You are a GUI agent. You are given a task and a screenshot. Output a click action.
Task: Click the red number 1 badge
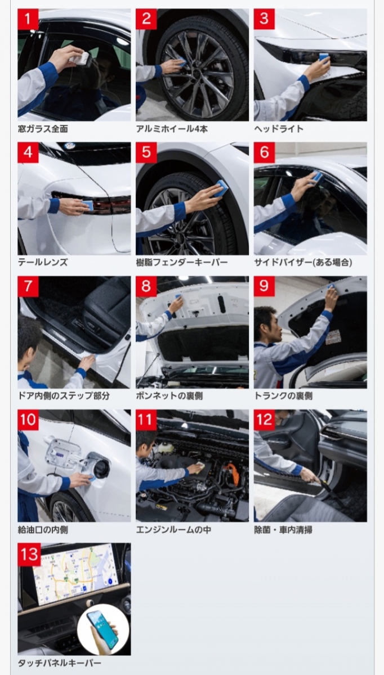pyautogui.click(x=28, y=19)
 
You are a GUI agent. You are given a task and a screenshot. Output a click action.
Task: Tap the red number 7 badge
pyautogui.click(x=28, y=286)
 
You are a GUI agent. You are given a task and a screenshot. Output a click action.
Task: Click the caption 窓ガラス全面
pyautogui.click(x=43, y=129)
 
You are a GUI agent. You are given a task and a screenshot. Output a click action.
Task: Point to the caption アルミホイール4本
pyautogui.click(x=172, y=129)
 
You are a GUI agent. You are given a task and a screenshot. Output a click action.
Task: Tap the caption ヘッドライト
pyautogui.click(x=279, y=129)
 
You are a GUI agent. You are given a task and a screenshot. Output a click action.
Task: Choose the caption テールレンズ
pyautogui.click(x=43, y=262)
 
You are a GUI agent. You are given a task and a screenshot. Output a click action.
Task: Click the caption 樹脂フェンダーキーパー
pyautogui.click(x=182, y=262)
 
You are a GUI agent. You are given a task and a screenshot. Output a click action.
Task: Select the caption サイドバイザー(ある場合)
pyautogui.click(x=303, y=262)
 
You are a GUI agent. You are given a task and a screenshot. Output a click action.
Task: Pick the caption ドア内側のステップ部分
pyautogui.click(x=64, y=395)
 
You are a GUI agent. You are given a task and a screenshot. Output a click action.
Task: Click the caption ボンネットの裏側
pyautogui.click(x=169, y=395)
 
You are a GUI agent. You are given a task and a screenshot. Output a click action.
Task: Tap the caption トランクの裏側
pyautogui.click(x=283, y=395)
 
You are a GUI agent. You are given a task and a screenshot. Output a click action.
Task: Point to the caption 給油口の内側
pyautogui.click(x=43, y=529)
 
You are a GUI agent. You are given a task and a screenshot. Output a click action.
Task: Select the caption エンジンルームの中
pyautogui.click(x=173, y=529)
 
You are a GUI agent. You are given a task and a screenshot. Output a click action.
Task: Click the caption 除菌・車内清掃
pyautogui.click(x=283, y=529)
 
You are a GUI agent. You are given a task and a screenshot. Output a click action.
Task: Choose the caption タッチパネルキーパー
pyautogui.click(x=60, y=663)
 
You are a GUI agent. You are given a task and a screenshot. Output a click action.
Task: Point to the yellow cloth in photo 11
pyautogui.click(x=199, y=466)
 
